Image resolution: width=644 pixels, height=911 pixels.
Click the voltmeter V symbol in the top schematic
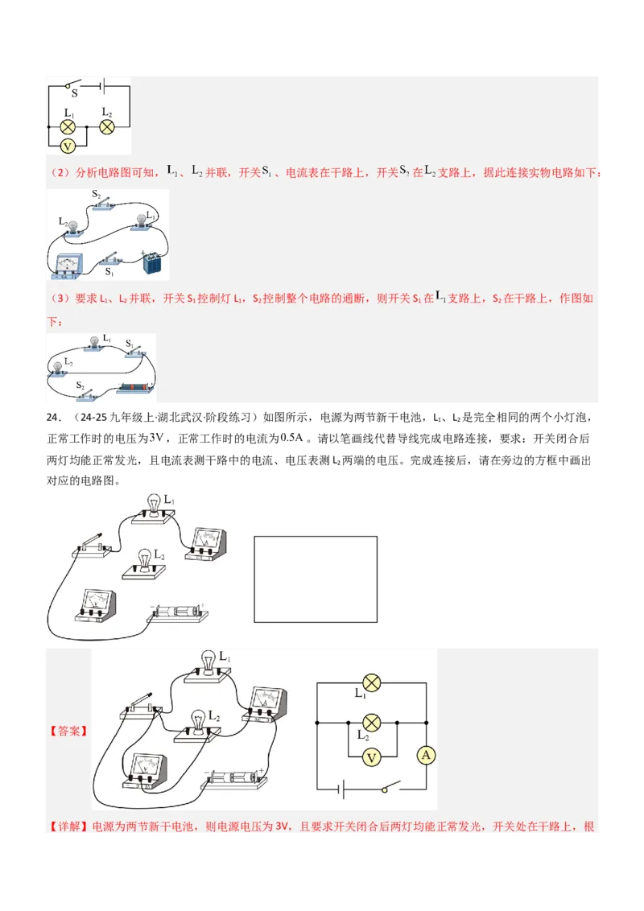[x=68, y=146]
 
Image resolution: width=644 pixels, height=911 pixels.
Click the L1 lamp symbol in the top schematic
[x=68, y=126]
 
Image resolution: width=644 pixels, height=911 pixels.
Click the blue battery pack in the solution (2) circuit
[x=152, y=263]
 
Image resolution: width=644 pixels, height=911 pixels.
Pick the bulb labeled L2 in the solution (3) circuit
[x=59, y=369]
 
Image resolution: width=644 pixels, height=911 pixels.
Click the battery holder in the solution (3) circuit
[x=131, y=389]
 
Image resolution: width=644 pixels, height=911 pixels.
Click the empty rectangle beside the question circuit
[x=316, y=579]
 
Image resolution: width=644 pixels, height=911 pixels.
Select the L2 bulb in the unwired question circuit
[x=145, y=562]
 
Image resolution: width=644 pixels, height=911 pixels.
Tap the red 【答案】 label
[x=68, y=732]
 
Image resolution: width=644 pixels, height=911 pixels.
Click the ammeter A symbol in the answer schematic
[x=427, y=755]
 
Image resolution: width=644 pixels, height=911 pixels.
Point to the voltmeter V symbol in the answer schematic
[x=371, y=757]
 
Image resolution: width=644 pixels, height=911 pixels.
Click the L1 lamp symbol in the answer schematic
[x=371, y=682]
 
